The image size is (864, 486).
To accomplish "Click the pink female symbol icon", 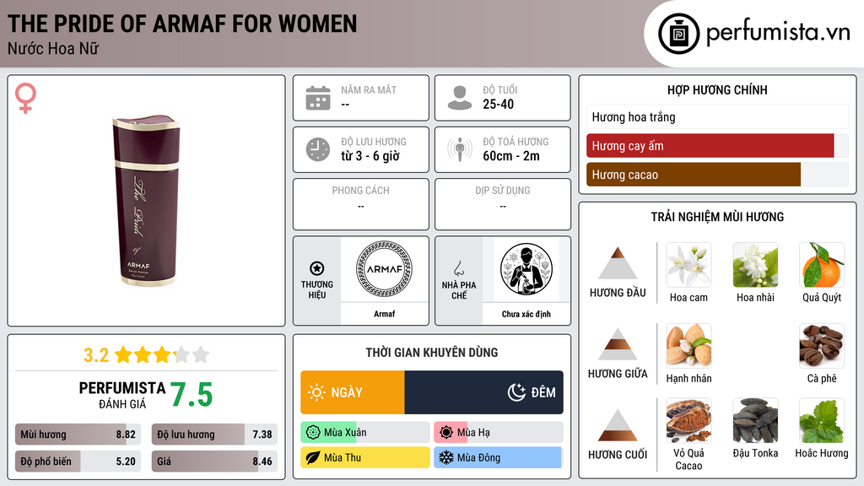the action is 25,98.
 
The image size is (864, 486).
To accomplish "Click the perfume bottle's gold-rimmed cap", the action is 146,141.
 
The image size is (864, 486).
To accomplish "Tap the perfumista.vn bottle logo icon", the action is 678,34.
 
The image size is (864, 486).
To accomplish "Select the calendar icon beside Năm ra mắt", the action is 318,98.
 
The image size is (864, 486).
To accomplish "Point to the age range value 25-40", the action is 498,104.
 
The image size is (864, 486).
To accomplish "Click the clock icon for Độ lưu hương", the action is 318,149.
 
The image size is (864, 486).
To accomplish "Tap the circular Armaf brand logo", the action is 384,269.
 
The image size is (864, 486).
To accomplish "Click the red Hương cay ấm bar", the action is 710,145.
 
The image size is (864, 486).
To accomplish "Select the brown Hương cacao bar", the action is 694,175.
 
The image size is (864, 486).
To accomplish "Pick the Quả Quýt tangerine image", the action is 822,265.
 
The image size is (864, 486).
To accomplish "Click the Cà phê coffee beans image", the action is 822,346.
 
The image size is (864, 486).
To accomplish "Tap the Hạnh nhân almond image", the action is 688,346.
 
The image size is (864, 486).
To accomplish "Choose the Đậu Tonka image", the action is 755,420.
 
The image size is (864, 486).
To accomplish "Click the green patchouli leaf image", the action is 822,420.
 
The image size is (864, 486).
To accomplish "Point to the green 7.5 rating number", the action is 192,395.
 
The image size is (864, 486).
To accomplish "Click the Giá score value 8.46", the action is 262,462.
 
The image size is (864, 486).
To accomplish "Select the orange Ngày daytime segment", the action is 353,392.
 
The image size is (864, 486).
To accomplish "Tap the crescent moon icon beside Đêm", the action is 516,391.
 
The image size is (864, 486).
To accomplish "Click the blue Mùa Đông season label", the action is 498,457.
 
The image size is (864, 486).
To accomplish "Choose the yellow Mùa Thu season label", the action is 365,457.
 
